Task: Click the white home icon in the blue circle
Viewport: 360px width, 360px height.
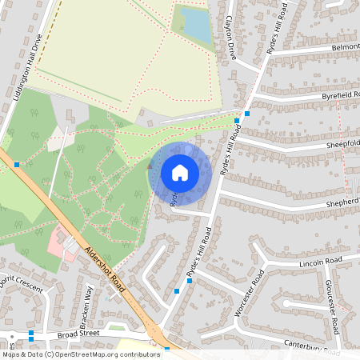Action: pyautogui.click(x=180, y=173)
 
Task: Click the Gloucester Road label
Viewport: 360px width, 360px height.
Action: pyautogui.click(x=334, y=307)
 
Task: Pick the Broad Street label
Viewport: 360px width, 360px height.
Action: pyautogui.click(x=77, y=334)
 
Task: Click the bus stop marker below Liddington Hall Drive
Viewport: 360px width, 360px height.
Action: pyautogui.click(x=17, y=164)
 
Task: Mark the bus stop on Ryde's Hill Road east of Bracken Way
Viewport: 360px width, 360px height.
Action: pyautogui.click(x=177, y=292)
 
